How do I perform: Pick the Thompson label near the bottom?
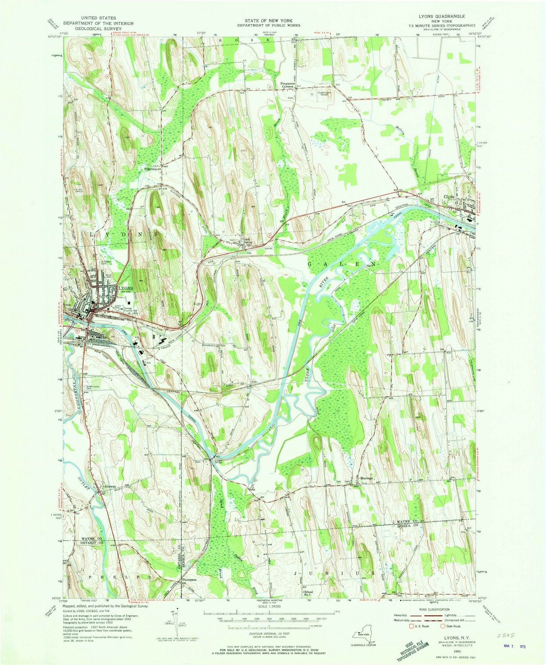click(188, 579)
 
